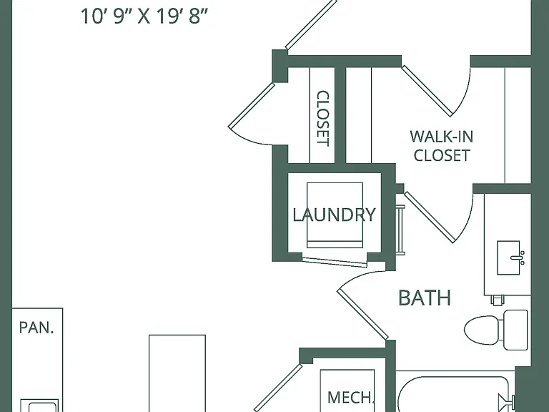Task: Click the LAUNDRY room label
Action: pyautogui.click(x=334, y=215)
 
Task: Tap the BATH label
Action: pyautogui.click(x=425, y=298)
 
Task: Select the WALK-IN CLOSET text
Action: pyautogui.click(x=442, y=146)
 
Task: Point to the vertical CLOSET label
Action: pyautogui.click(x=323, y=119)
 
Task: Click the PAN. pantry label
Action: pyautogui.click(x=36, y=328)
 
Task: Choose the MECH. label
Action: pyautogui.click(x=351, y=397)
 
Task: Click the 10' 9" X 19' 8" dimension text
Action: pyautogui.click(x=144, y=16)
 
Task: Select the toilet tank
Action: pyautogui.click(x=515, y=330)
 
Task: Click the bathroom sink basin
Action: pyautogui.click(x=508, y=257)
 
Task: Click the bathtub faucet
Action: pyautogui.click(x=506, y=399)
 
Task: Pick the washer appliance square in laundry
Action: pyautogui.click(x=335, y=215)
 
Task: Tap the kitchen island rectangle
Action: pyautogui.click(x=177, y=373)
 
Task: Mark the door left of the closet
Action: pyautogui.click(x=251, y=105)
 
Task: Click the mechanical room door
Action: pyautogui.click(x=277, y=388)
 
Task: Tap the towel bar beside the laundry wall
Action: pyautogui.click(x=400, y=230)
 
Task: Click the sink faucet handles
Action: pyautogui.click(x=522, y=257)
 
